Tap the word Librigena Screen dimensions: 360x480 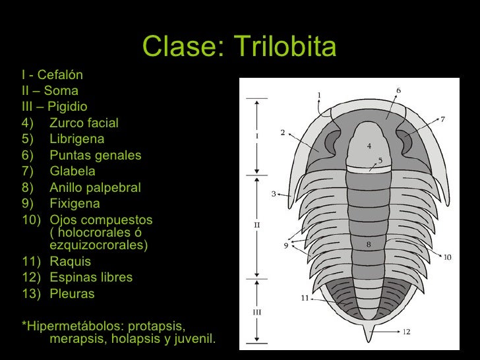76,139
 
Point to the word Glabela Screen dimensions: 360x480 73,171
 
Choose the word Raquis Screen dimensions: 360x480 70,262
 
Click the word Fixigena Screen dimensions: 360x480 75,204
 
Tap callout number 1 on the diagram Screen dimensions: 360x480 319,95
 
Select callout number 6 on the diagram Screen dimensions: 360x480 398,90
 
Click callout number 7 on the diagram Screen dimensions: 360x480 443,119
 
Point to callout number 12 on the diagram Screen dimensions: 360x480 406,332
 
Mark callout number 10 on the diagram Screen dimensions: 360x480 447,257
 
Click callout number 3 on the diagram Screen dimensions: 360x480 273,195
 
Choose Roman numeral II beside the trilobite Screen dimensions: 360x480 257,225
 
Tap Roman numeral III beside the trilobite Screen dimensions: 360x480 257,312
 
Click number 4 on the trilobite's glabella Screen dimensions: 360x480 369,145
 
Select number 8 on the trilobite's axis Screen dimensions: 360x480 369,245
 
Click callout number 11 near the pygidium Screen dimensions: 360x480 305,298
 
